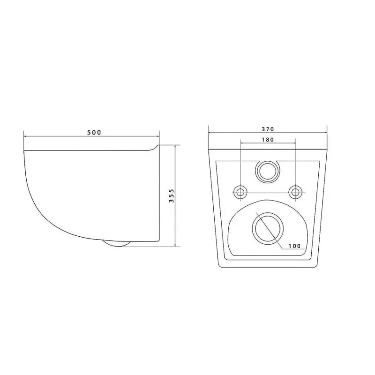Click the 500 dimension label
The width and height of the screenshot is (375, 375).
tap(94, 132)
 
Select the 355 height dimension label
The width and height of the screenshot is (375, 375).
tap(172, 195)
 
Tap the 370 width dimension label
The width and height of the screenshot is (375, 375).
tap(268, 129)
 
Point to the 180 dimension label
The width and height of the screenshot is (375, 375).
tap(268, 139)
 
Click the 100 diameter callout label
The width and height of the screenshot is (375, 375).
tap(294, 246)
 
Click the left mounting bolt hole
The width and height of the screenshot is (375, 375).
tap(240, 192)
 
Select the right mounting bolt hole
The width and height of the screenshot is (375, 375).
tap(295, 192)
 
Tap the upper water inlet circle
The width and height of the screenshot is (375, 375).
tap(267, 171)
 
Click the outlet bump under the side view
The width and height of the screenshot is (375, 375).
tap(117, 243)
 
